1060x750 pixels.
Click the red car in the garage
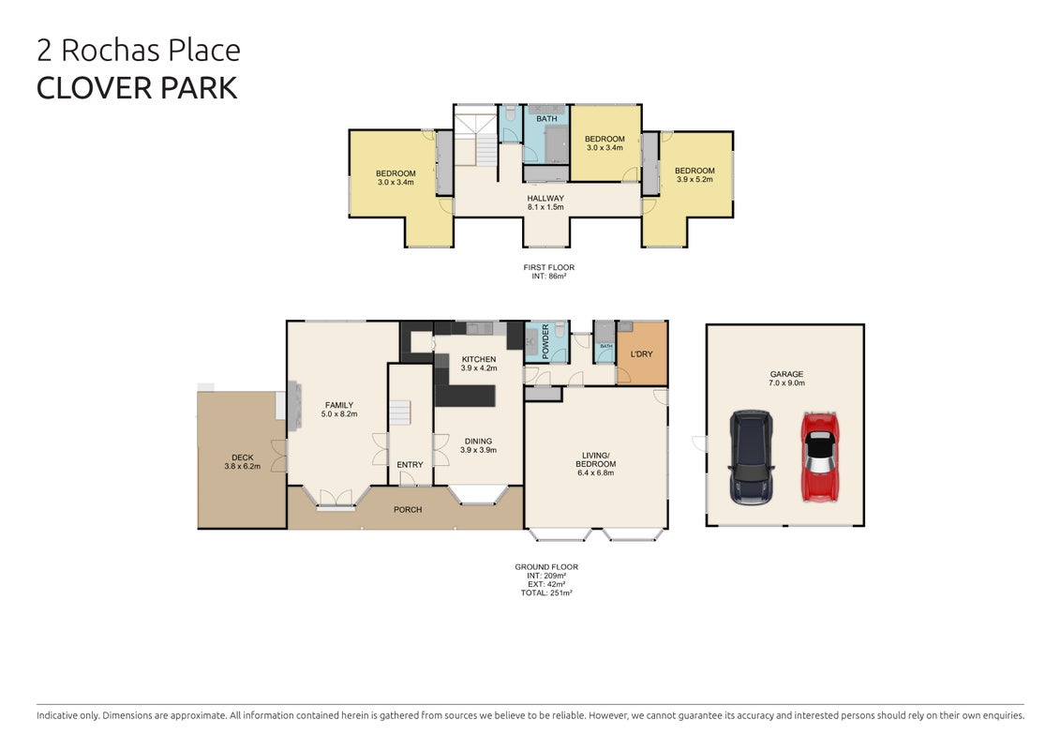point(820,457)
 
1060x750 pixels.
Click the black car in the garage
point(751,457)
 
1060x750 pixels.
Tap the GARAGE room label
point(787,374)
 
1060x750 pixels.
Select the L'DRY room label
point(642,353)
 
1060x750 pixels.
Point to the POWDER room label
point(545,341)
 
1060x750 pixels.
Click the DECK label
point(242,457)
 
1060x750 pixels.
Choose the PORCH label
point(408,510)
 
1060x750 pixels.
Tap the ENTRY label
point(410,465)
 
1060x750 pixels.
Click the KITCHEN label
point(479,359)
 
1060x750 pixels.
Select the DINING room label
point(479,441)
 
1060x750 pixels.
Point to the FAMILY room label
point(339,405)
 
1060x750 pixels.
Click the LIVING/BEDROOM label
point(595,460)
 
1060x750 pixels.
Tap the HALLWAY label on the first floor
point(545,198)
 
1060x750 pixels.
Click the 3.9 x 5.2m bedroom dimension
point(694,180)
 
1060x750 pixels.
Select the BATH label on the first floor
point(547,119)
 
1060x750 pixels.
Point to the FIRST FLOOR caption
point(549,267)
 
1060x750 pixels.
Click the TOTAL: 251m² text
point(546,593)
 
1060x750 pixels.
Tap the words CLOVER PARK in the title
point(137,88)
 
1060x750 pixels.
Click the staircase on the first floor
point(476,140)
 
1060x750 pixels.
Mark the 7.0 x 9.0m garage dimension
point(787,382)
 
